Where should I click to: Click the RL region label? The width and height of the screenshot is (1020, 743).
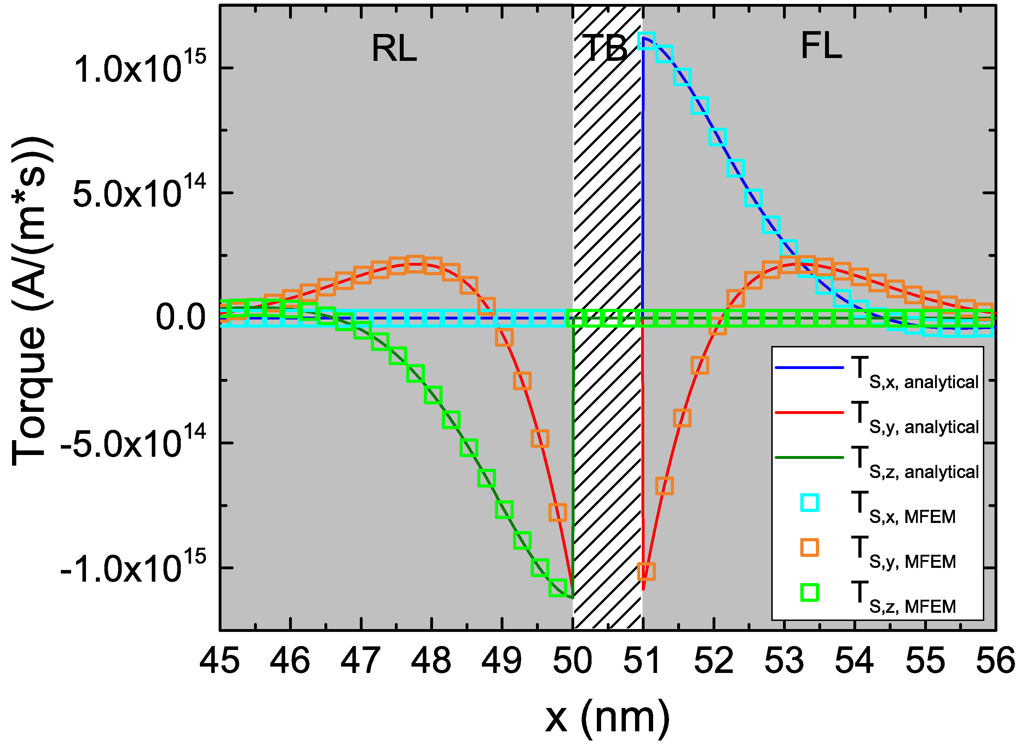(x=394, y=48)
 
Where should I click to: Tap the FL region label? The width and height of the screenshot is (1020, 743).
(x=821, y=47)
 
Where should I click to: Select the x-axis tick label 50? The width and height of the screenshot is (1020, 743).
(x=572, y=662)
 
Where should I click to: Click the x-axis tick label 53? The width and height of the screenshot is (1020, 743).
(x=784, y=662)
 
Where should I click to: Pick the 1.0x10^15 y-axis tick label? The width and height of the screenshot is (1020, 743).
(x=139, y=69)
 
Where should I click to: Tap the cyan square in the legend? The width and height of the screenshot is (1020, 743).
(x=809, y=503)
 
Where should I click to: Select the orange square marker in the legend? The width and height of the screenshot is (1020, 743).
(x=809, y=548)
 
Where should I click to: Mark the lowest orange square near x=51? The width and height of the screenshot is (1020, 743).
(x=646, y=571)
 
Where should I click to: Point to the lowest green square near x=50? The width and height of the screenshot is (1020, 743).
(x=558, y=588)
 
